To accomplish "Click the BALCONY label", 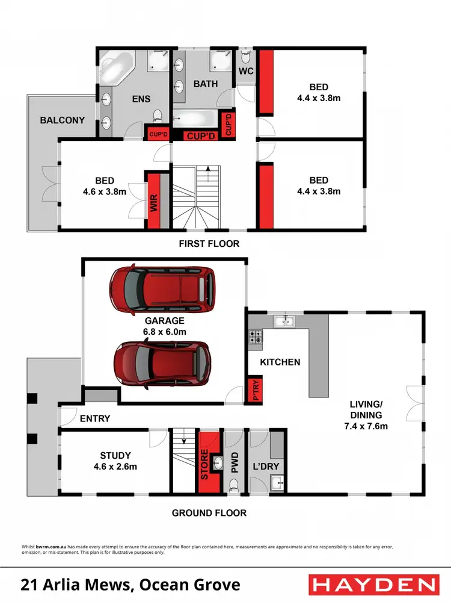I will [x=63, y=120].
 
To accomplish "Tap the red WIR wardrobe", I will [x=155, y=201].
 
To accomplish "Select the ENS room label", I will [x=141, y=99].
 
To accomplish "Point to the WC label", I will [x=247, y=72].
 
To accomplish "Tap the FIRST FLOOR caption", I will [x=209, y=244].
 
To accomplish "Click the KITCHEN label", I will [x=280, y=362].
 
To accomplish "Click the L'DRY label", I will [x=266, y=467].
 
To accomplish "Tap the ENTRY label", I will [x=94, y=418].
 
